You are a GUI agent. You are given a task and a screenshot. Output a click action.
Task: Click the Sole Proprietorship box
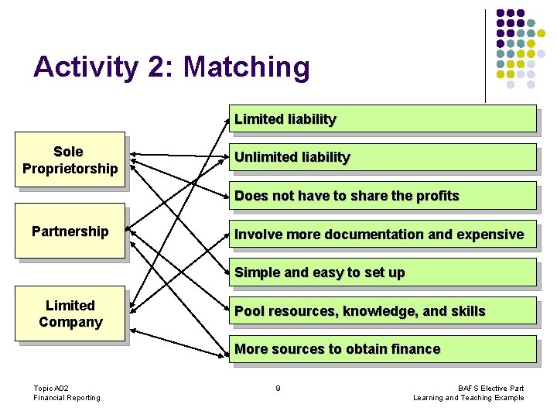[70, 160]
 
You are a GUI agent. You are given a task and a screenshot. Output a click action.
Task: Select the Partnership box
[70, 231]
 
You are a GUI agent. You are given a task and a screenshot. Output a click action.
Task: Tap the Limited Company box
[70, 313]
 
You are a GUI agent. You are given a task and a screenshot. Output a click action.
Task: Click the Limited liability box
[382, 119]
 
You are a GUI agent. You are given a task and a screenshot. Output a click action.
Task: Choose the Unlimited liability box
[382, 157]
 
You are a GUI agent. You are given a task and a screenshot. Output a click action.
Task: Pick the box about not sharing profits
[382, 196]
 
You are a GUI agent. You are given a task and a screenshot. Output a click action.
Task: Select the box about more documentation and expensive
[382, 234]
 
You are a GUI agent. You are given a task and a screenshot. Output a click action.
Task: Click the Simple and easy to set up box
[382, 272]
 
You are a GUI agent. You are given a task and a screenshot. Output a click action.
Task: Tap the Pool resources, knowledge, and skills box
[382, 311]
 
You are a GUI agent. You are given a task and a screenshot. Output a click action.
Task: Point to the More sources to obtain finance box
[382, 349]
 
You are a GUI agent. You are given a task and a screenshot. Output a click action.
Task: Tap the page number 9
[278, 388]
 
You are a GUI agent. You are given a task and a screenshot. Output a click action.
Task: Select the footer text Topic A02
[51, 388]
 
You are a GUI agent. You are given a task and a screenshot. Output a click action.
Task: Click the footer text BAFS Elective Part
[490, 388]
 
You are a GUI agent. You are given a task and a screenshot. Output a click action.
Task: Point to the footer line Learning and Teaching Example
[469, 398]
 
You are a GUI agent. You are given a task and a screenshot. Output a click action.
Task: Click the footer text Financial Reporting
[67, 398]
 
